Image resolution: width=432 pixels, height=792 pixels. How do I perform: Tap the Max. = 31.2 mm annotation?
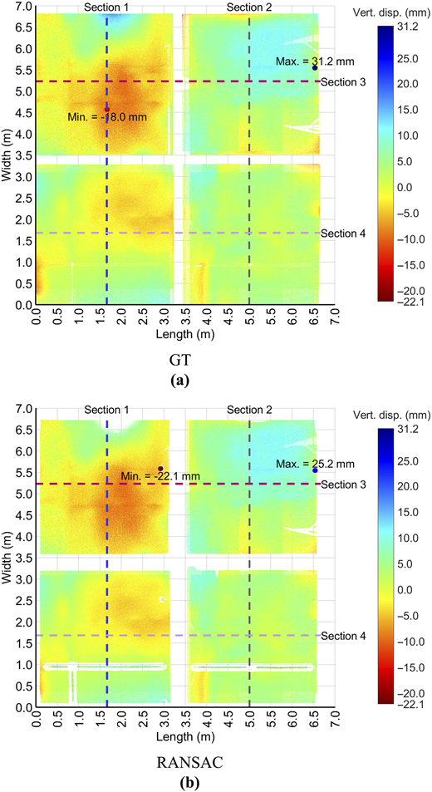(312, 61)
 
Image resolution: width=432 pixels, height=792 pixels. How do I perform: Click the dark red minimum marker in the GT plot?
(106, 109)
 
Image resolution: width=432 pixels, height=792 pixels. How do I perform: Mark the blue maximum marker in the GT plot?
(314, 67)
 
